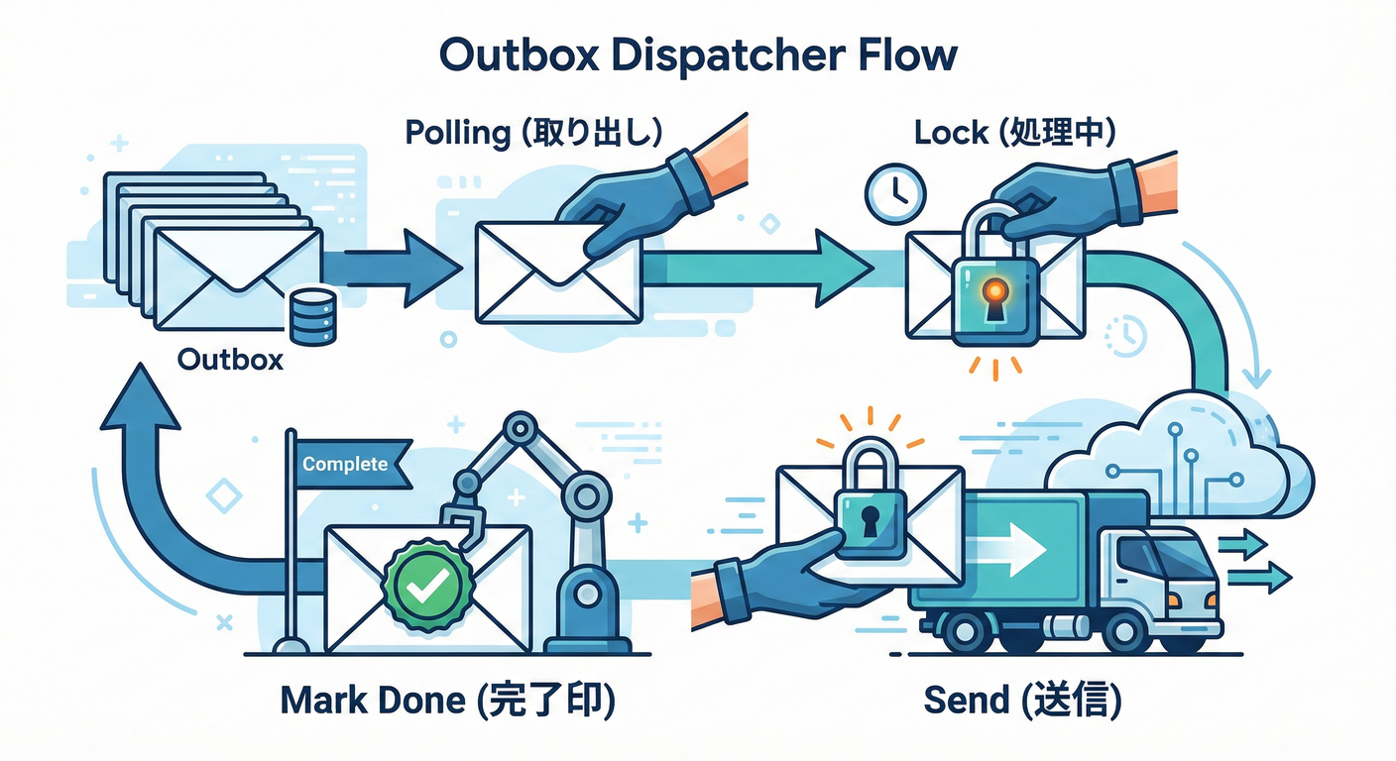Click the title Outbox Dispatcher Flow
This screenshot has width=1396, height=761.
tap(698, 55)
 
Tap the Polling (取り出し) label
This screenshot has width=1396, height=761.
tap(533, 134)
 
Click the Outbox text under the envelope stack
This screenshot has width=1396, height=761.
tap(230, 360)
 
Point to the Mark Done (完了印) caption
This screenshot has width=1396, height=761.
tap(447, 702)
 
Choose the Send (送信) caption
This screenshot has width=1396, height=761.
tap(1021, 702)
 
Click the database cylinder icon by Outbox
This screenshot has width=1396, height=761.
tap(312, 317)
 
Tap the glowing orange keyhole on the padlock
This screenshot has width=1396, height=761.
tap(994, 292)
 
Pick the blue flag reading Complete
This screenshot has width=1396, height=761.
tap(352, 464)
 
